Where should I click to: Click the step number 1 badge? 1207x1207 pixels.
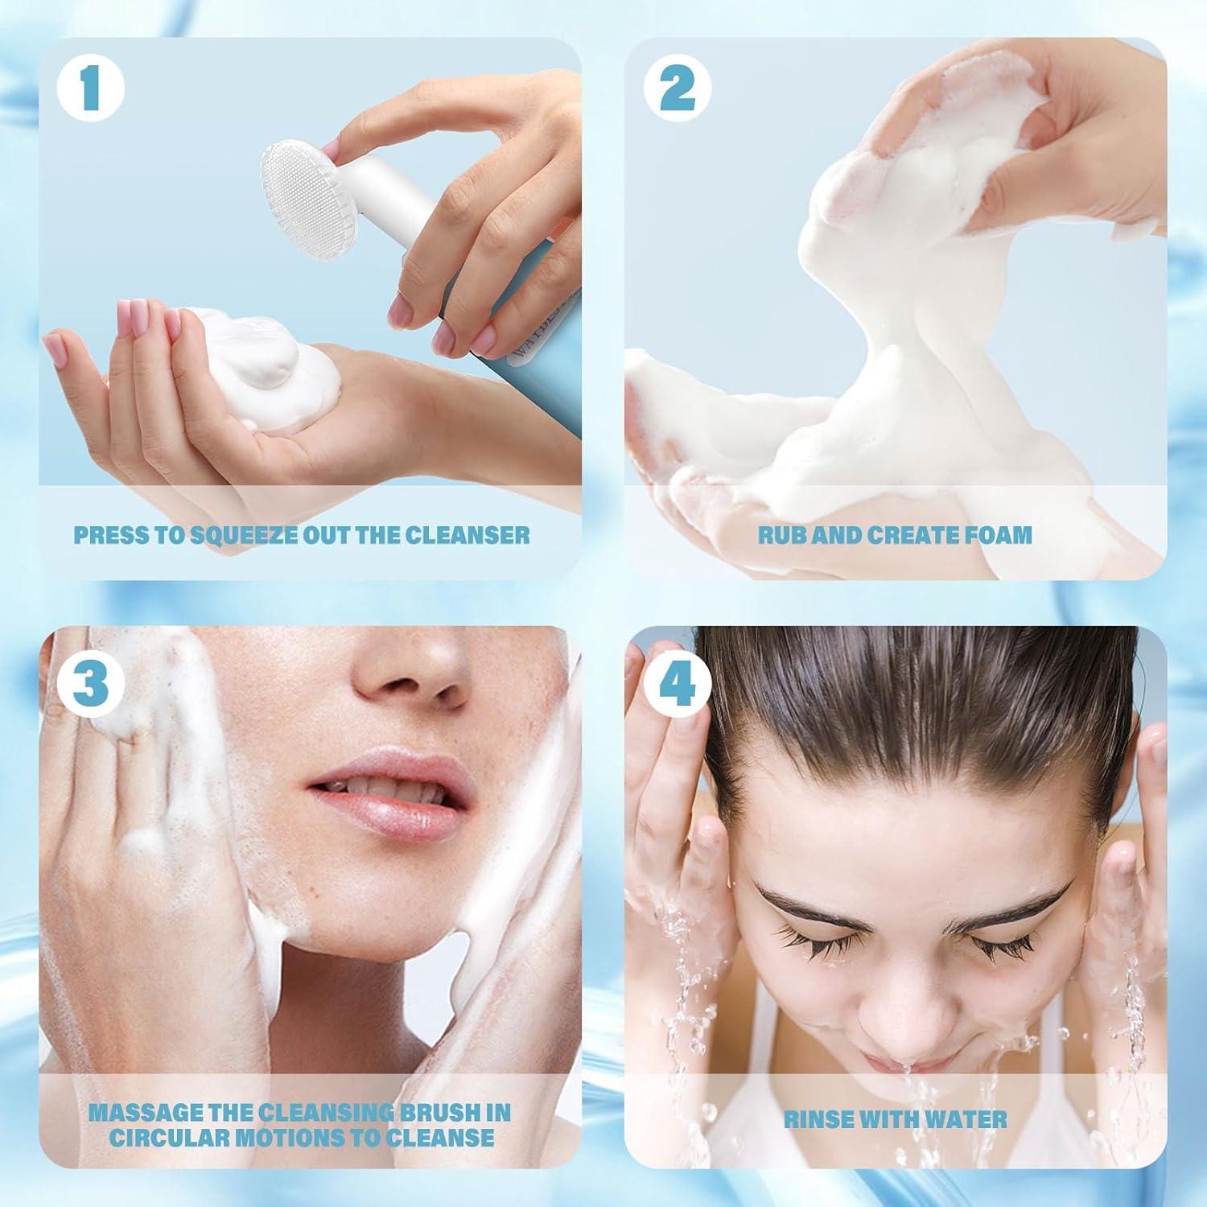90,91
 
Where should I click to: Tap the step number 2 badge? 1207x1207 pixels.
677,90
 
